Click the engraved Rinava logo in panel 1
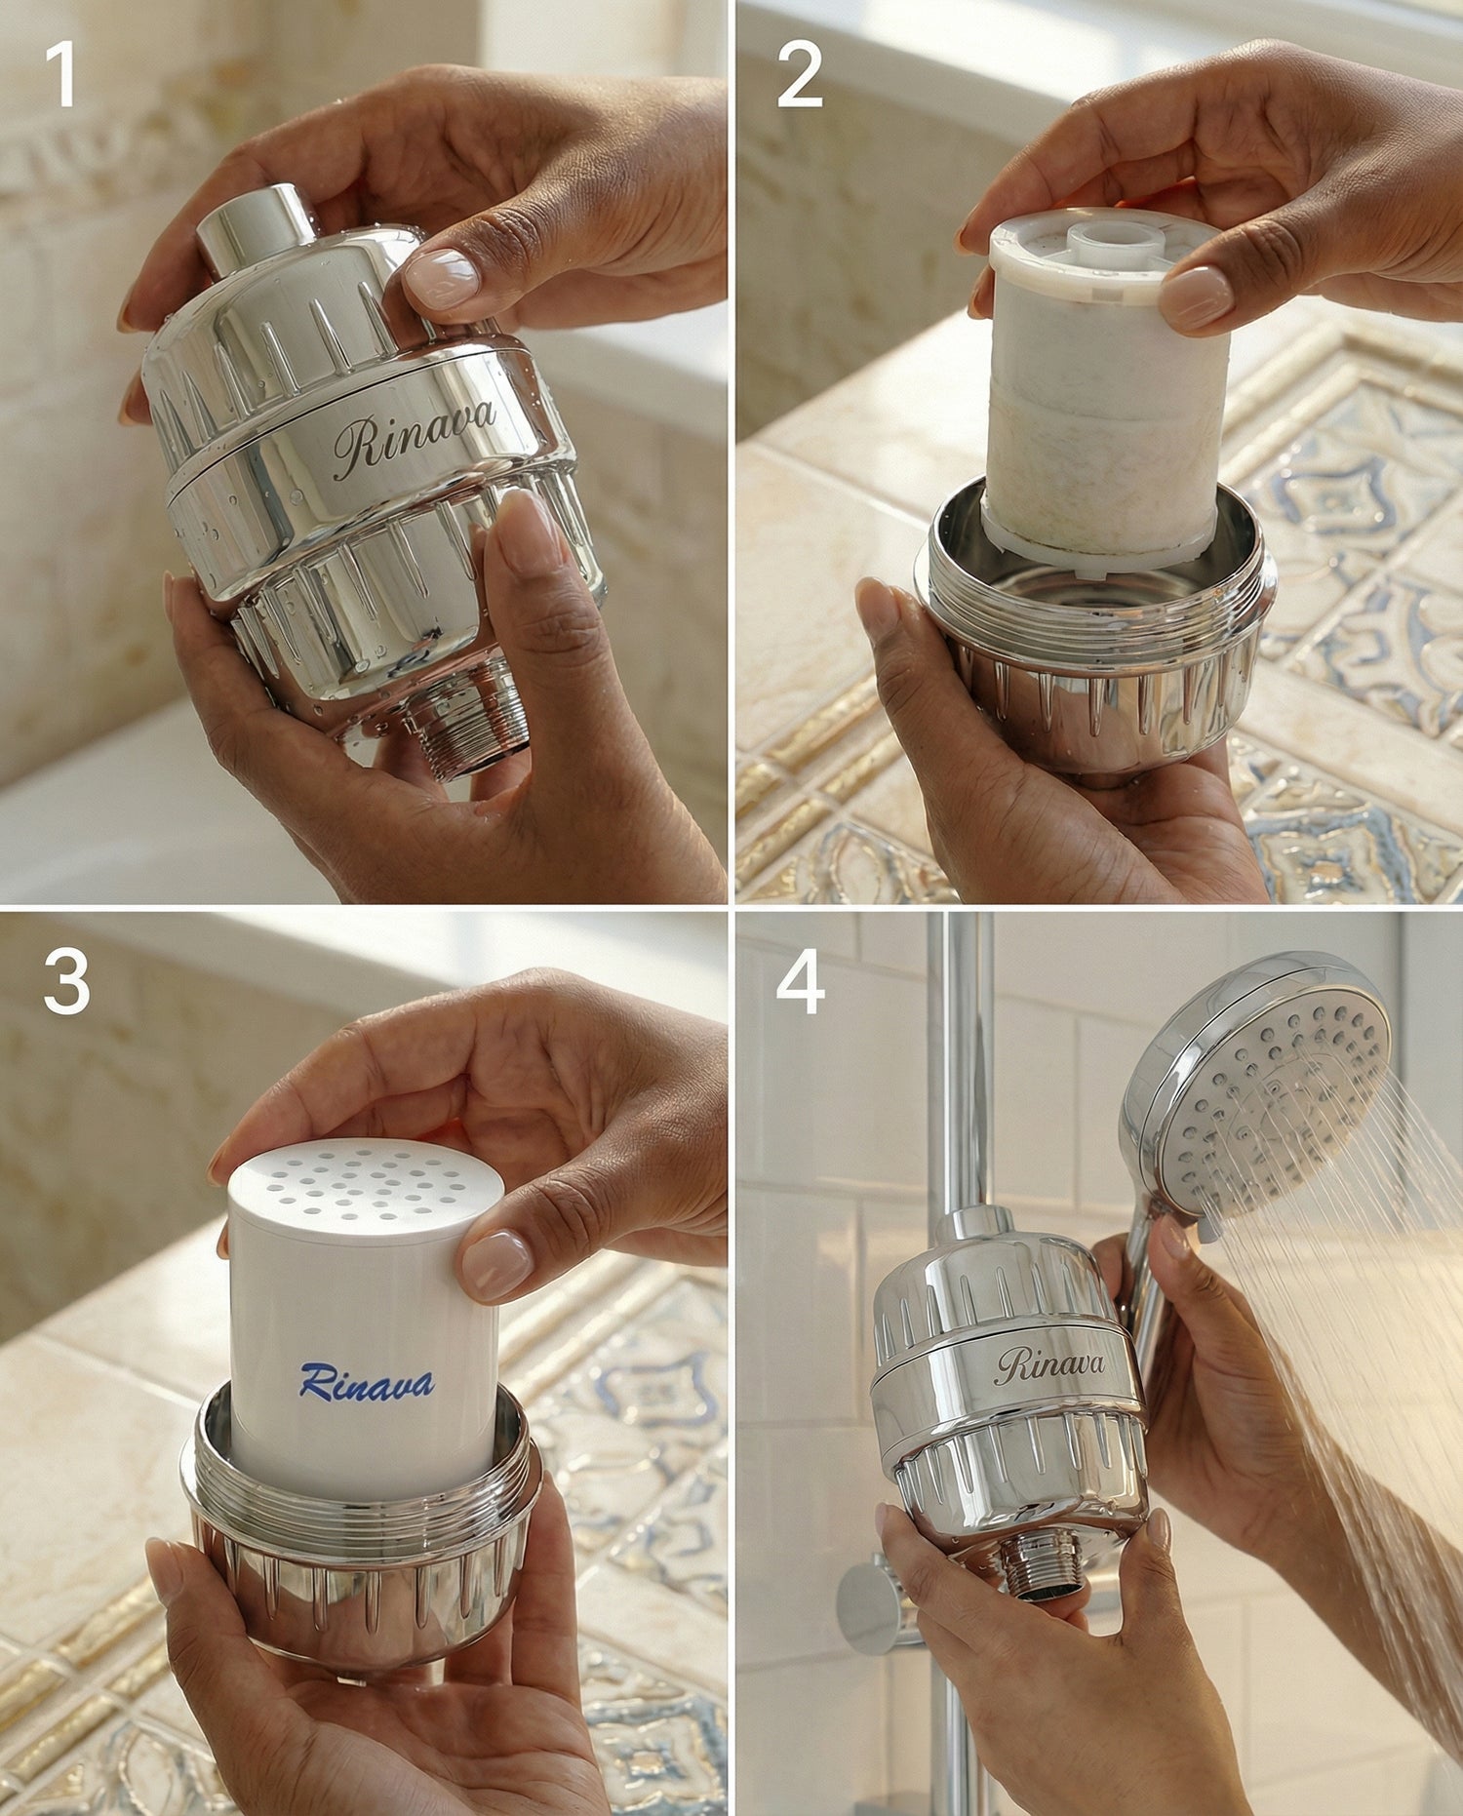414,439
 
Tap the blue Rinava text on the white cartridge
367,1381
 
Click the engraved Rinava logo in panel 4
1050,1365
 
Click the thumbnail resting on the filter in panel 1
443,276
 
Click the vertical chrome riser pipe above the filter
960,1063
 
